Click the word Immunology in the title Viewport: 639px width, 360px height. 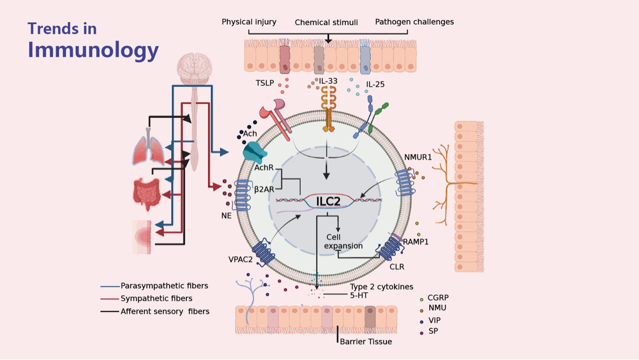click(93, 50)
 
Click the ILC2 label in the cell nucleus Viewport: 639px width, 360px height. click(328, 202)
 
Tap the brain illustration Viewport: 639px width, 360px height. click(194, 69)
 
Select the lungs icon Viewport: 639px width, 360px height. click(149, 150)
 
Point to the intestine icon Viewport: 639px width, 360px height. click(147, 193)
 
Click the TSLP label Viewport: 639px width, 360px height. click(264, 83)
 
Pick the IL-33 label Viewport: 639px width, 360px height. click(328, 81)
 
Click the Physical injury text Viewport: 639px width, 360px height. click(249, 22)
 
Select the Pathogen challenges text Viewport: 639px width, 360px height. click(414, 22)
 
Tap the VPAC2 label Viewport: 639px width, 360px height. click(240, 260)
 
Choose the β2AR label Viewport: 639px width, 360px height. click(264, 189)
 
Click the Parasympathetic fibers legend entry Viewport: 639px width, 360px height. click(164, 286)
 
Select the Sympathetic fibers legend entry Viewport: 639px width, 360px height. click(156, 299)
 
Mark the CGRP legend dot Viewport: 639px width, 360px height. click(422, 299)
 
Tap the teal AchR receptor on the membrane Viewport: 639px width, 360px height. click(254, 152)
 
